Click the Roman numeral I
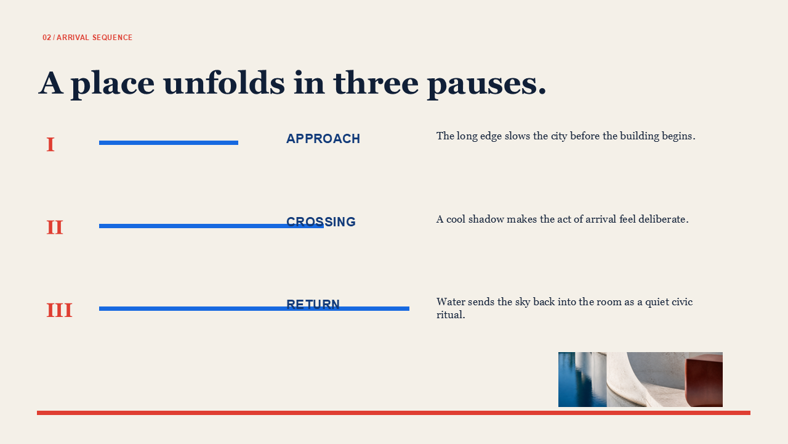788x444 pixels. pyautogui.click(x=50, y=144)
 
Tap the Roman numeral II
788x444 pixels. pyautogui.click(x=55, y=228)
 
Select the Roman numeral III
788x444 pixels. pyautogui.click(x=59, y=310)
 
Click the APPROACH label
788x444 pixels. pyautogui.click(x=323, y=139)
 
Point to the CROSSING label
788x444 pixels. pyautogui.click(x=321, y=221)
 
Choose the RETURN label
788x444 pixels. pyautogui.click(x=313, y=304)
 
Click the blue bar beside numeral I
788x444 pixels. pyautogui.click(x=169, y=142)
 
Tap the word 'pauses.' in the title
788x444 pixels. pyautogui.click(x=487, y=84)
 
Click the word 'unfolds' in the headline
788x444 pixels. pyautogui.click(x=224, y=83)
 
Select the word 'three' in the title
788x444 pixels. pyautogui.click(x=376, y=83)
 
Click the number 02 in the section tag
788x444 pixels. pyautogui.click(x=47, y=38)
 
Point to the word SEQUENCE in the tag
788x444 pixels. pyautogui.click(x=112, y=38)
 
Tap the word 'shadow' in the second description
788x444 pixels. pyautogui.click(x=486, y=219)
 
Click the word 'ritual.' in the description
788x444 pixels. pyautogui.click(x=451, y=314)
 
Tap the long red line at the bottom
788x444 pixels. pyautogui.click(x=393, y=413)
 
